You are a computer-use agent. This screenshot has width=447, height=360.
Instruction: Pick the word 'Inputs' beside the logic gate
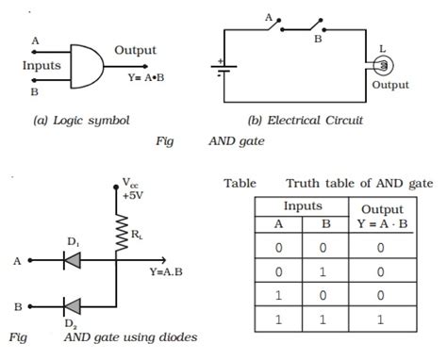pos(41,66)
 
